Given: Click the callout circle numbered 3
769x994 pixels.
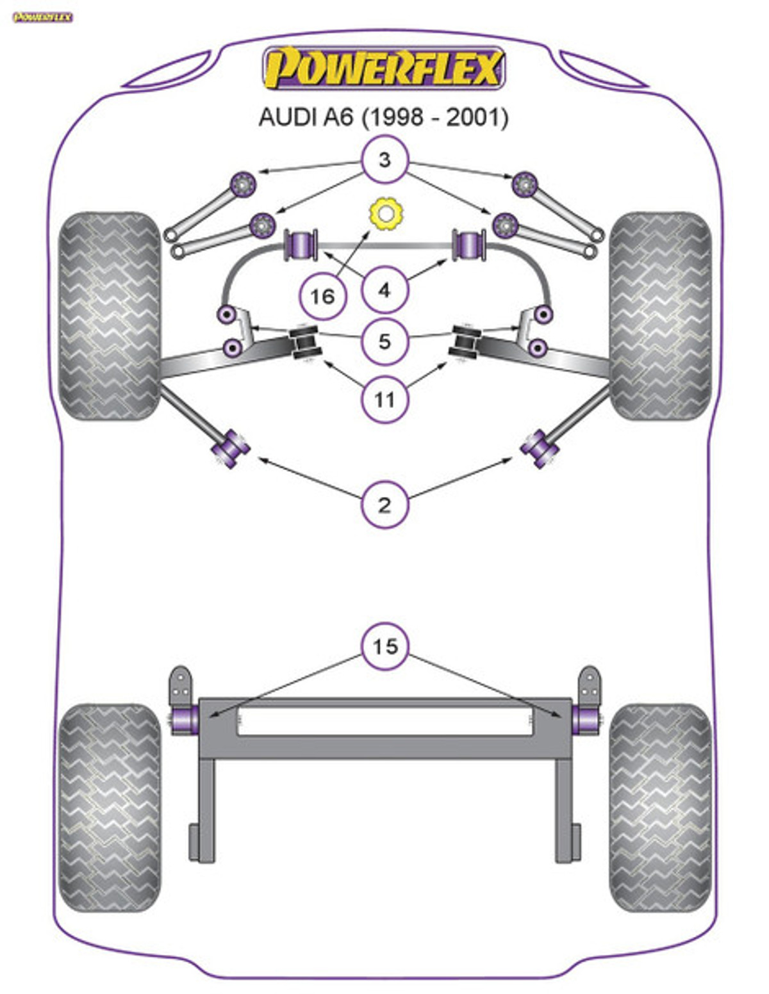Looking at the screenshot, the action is coord(384,159).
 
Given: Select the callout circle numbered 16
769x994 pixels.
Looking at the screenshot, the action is coord(322,297).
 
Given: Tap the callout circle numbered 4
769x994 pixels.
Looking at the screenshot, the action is coord(384,290).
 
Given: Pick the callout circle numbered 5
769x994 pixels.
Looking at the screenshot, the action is coord(384,341).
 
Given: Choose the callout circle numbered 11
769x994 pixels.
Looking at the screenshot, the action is coord(384,400).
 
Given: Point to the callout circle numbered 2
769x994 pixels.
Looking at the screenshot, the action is coord(384,505).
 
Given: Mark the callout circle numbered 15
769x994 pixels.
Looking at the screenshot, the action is coord(384,646).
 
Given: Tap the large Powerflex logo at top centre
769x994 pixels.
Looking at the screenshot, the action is coord(384,68).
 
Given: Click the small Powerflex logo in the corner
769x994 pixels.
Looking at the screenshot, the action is coord(42,17).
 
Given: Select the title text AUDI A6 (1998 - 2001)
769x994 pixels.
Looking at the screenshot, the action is coord(383,118).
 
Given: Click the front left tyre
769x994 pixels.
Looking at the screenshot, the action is coord(110,316).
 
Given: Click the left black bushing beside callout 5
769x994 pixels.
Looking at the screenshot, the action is coord(306,343).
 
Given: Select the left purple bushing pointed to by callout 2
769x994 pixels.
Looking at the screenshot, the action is coord(230,449).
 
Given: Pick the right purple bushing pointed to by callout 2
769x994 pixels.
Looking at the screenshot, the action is coord(540,449).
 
